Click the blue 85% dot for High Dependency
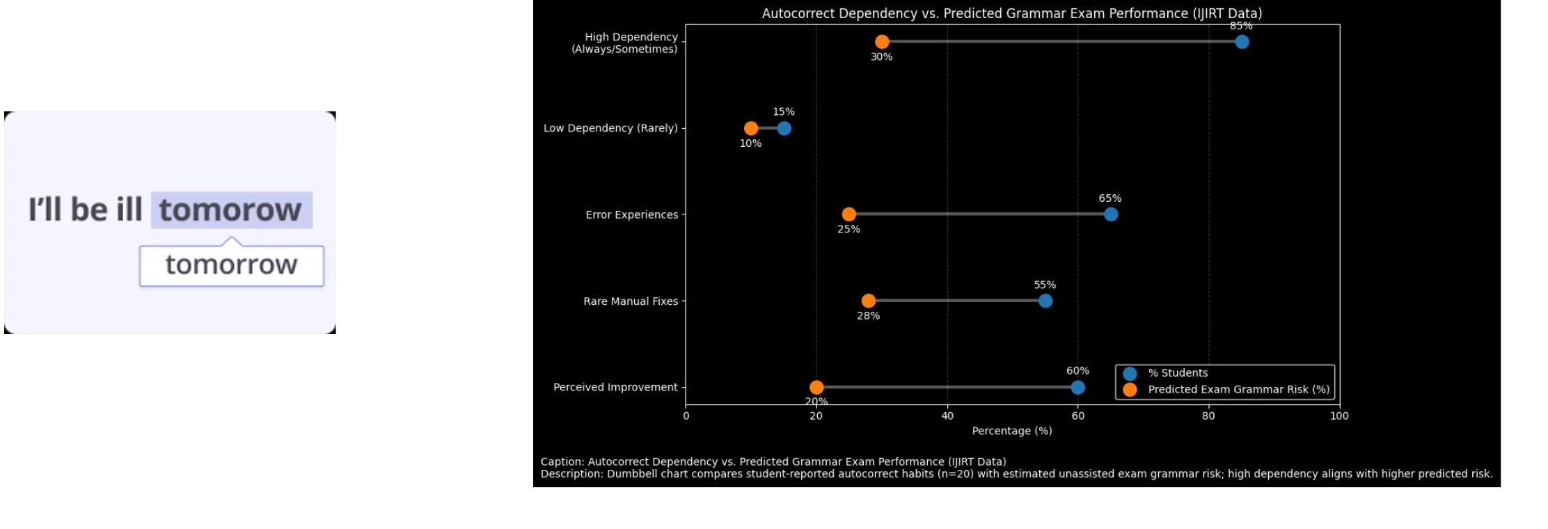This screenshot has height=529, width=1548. [1242, 42]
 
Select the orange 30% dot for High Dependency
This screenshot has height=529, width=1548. [882, 42]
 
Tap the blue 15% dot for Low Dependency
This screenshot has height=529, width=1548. [784, 128]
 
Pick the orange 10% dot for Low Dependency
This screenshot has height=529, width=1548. [751, 128]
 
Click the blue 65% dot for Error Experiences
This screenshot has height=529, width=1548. [1111, 214]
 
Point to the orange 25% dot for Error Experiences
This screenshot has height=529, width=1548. [849, 214]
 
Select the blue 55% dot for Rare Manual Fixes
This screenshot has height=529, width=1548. [1045, 301]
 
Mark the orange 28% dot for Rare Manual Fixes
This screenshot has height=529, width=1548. [869, 301]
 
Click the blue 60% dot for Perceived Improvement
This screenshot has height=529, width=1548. [1078, 387]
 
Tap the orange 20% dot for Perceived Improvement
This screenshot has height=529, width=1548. [816, 387]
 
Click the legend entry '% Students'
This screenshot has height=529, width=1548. [1178, 373]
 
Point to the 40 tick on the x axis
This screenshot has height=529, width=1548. [947, 416]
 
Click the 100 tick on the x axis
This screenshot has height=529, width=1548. [1339, 416]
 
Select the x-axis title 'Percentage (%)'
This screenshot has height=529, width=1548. [1012, 431]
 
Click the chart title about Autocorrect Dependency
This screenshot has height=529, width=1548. [1012, 13]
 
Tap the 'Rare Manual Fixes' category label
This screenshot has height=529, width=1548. [631, 301]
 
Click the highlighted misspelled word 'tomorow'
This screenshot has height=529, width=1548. [231, 210]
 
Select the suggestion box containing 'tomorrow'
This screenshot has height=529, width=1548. [232, 265]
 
